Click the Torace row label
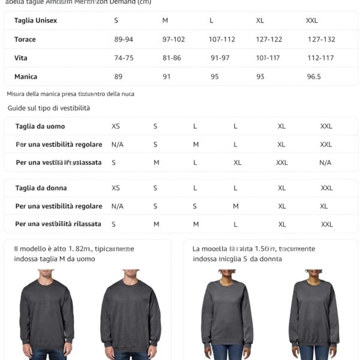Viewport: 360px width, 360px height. click(x=25, y=40)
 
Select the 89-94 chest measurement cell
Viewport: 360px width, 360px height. click(x=124, y=40)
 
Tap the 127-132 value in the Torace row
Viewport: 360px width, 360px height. click(x=321, y=40)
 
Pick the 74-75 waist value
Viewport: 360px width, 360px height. click(x=124, y=58)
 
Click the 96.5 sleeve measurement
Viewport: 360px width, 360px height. click(x=314, y=77)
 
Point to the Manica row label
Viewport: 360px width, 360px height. click(x=26, y=77)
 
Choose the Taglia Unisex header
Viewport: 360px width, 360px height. click(x=35, y=20)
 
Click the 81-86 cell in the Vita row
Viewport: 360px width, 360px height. click(x=172, y=58)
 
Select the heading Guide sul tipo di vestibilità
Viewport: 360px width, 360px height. click(x=49, y=108)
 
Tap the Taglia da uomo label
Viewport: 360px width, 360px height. click(x=40, y=127)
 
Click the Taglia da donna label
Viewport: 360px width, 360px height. click(x=41, y=188)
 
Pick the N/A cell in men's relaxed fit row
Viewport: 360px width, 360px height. click(x=325, y=163)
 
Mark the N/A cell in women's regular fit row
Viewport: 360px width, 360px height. click(x=118, y=206)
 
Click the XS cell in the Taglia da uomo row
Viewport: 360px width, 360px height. click(x=116, y=127)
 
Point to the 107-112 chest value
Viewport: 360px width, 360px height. click(x=222, y=40)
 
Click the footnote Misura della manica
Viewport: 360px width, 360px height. click(x=70, y=94)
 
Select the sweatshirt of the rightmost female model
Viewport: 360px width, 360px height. click(x=314, y=312)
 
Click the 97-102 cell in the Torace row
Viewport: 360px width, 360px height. click(x=173, y=40)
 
